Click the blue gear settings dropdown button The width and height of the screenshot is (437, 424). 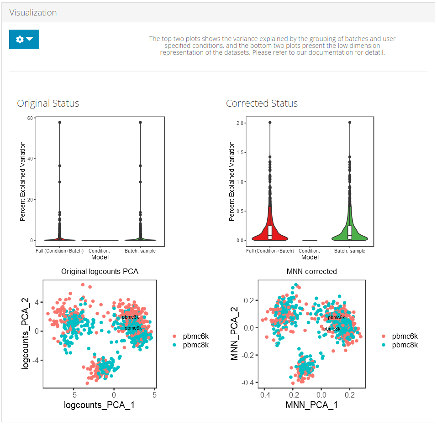pos(24,40)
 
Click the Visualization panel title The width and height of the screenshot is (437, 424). pos(33,12)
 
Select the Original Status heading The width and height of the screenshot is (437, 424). pos(48,103)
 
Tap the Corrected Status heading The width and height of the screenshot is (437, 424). pos(262,103)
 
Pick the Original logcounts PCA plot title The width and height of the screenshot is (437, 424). pos(100,272)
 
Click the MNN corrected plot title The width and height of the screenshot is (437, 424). pos(311,272)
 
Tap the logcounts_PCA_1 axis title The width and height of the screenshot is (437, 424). pos(100,405)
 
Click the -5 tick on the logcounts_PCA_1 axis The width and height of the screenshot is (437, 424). pos(74,395)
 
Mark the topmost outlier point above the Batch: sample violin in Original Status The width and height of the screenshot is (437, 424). pos(140,122)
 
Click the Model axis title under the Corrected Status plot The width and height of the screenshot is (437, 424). pos(310,257)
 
